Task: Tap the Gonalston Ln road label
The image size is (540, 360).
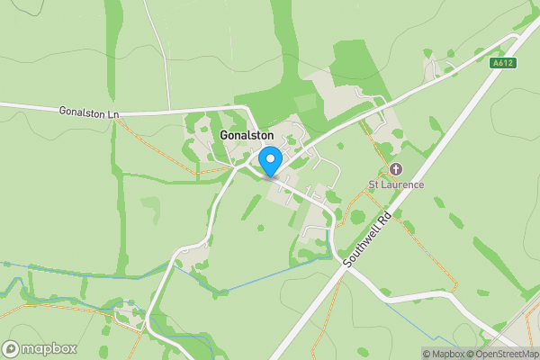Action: tap(89, 113)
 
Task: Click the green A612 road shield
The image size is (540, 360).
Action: tap(502, 63)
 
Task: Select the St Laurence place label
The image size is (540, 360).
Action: tap(396, 185)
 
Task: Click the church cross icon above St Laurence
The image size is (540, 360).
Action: tap(396, 170)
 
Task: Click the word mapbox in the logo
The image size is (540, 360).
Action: tap(49, 348)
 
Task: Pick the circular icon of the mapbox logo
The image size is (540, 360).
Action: tap(12, 348)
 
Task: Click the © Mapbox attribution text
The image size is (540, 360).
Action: tap(444, 354)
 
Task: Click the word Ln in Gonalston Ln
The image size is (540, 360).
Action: tap(112, 114)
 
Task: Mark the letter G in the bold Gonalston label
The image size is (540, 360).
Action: tap(223, 134)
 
